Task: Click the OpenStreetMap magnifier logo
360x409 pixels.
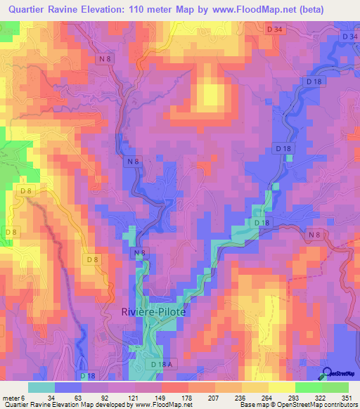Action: pos(328,372)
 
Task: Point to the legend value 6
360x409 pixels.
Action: pos(23,396)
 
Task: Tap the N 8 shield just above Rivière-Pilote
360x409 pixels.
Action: pos(139,252)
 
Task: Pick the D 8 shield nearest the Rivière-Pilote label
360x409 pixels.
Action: pos(92,260)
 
